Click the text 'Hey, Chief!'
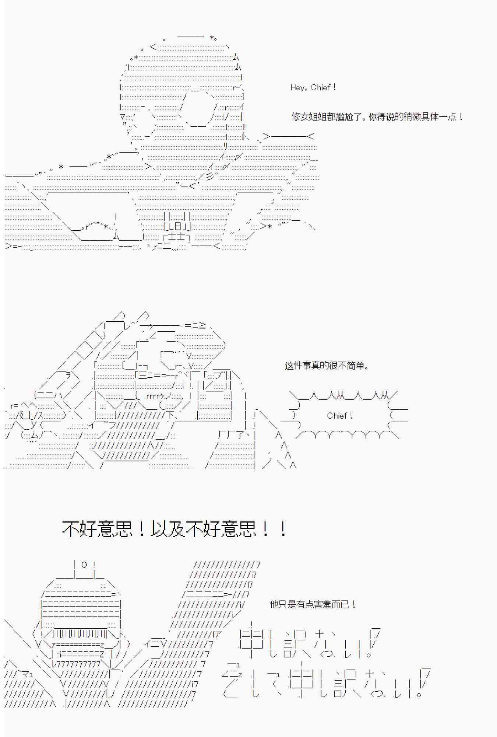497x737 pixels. [x=313, y=88]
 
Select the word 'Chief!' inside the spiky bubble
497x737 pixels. [x=340, y=416]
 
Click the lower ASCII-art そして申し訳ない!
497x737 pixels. [x=324, y=684]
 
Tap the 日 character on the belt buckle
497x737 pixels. [x=177, y=226]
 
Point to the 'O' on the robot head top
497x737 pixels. [x=84, y=565]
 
